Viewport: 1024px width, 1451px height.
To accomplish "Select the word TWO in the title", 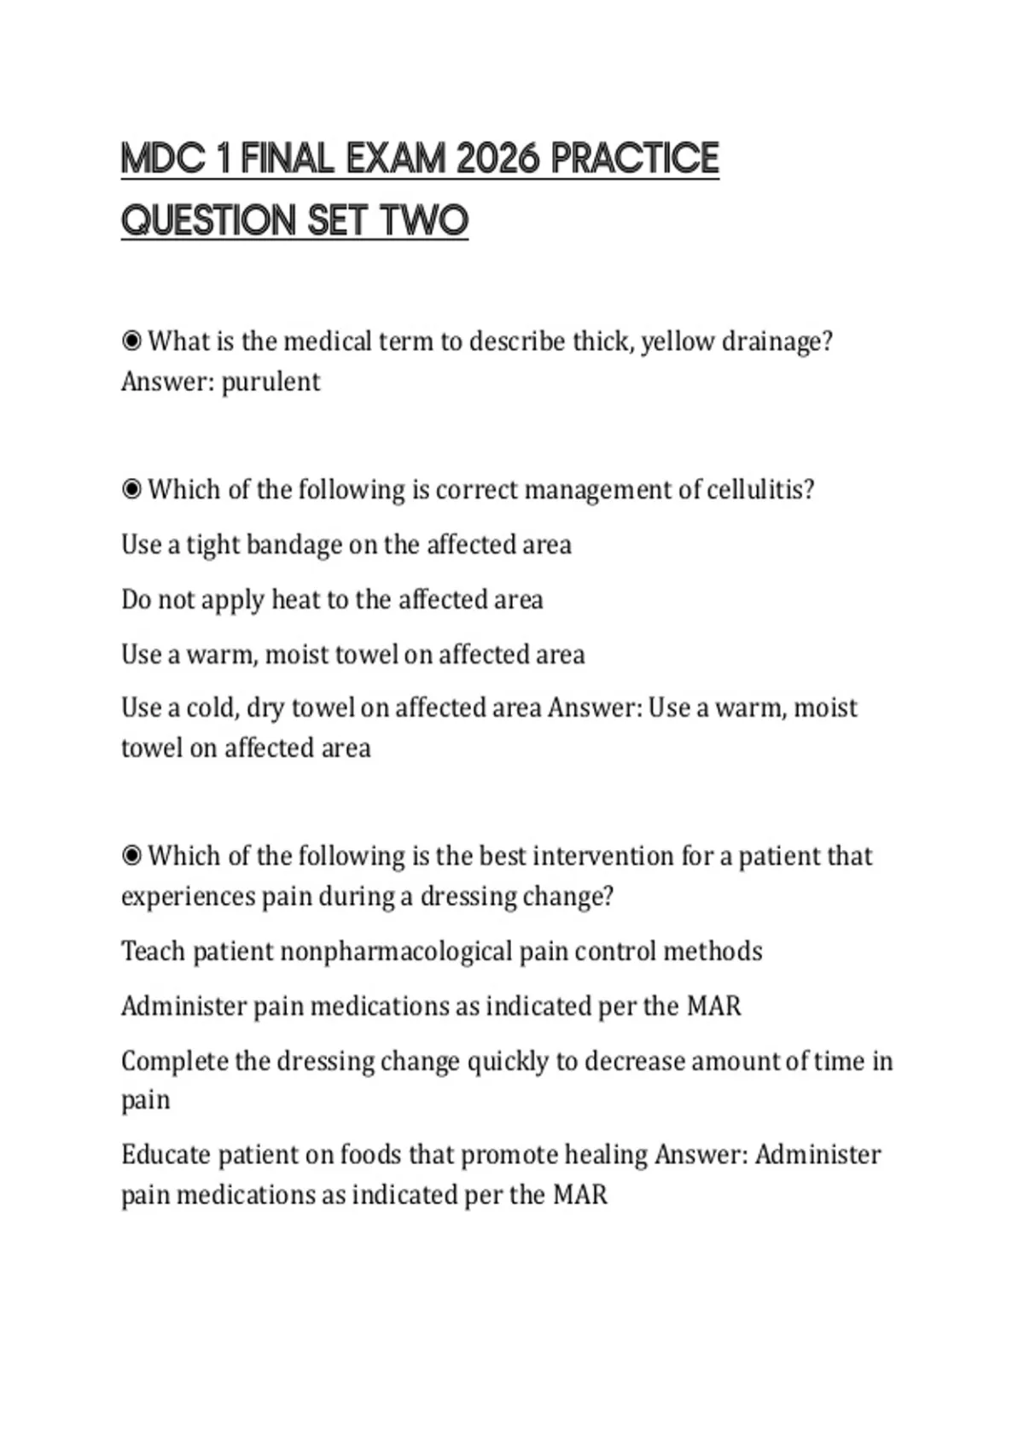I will [424, 221].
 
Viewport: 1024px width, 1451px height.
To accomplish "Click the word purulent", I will [271, 382].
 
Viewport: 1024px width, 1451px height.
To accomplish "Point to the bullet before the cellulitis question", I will [131, 490].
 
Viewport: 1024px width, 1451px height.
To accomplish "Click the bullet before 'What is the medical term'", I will [131, 341].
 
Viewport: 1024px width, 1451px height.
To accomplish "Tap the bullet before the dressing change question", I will [131, 856].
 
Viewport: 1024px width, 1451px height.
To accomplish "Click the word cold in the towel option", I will [212, 708].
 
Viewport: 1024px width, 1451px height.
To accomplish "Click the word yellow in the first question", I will [678, 341].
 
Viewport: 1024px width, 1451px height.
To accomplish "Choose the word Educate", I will [166, 1155].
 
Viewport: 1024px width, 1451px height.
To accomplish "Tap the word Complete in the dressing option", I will [174, 1061].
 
